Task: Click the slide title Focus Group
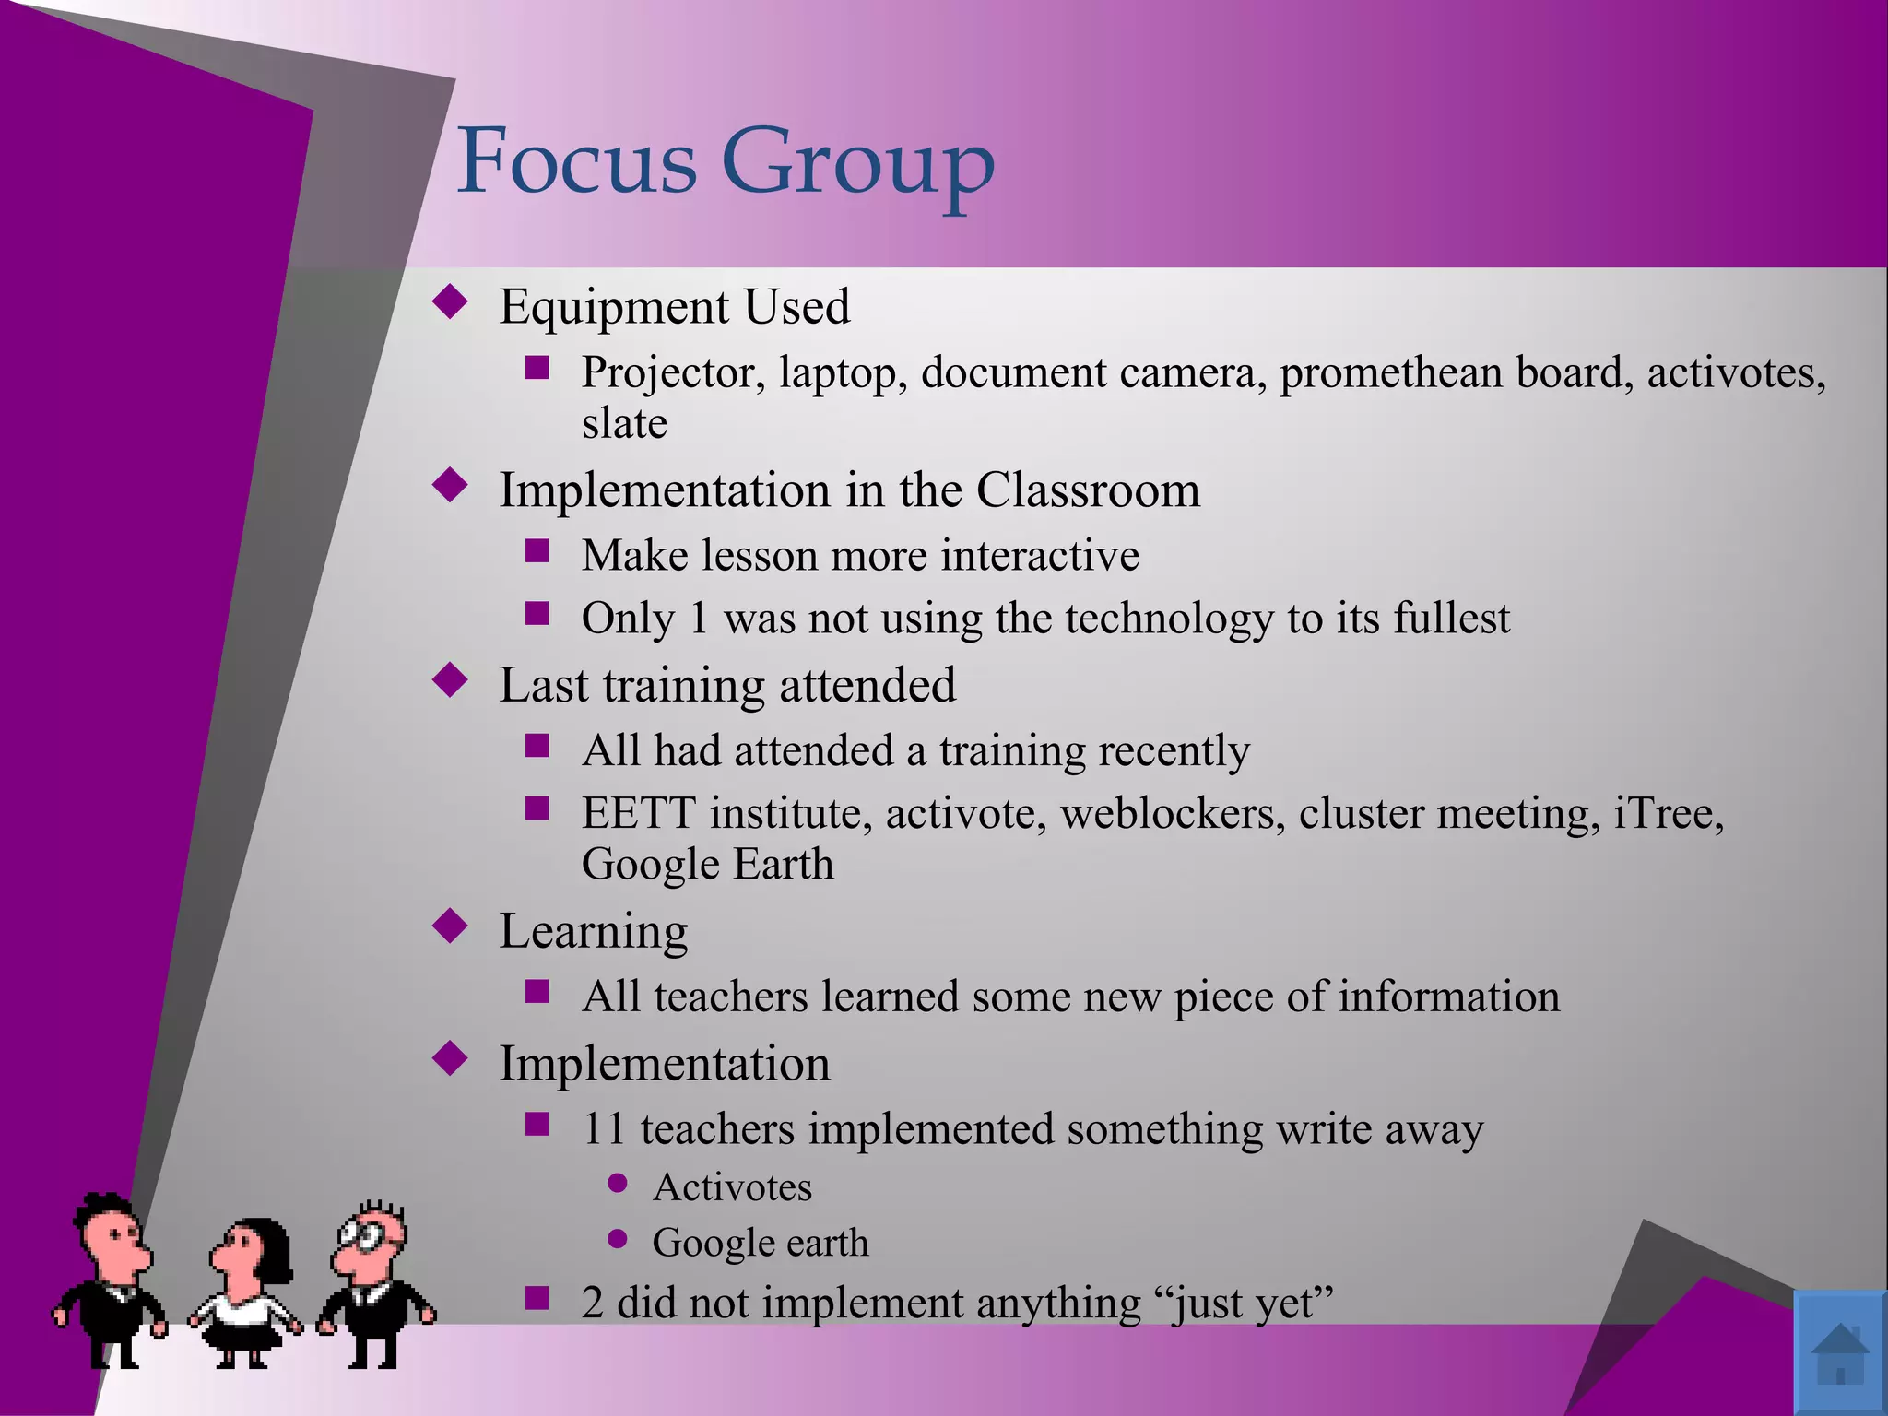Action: [x=726, y=162]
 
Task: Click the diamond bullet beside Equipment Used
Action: [x=450, y=302]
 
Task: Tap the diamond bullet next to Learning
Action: [x=450, y=926]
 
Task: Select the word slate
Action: [x=624, y=424]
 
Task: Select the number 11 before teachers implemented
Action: [x=604, y=1129]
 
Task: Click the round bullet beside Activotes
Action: [x=618, y=1183]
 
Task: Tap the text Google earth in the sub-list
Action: [x=761, y=1243]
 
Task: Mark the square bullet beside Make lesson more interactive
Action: [x=537, y=552]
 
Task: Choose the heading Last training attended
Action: [x=727, y=685]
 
